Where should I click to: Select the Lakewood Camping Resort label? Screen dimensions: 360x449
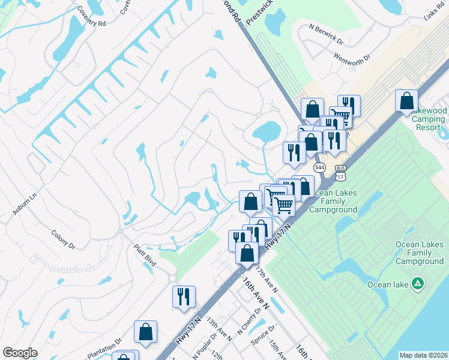(x=429, y=119)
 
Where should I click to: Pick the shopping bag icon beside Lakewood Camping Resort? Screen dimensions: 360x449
(x=406, y=100)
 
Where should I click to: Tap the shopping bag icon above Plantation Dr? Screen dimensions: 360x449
(x=145, y=331)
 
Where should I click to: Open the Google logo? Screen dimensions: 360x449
(x=19, y=353)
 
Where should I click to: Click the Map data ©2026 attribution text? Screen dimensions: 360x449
(x=423, y=355)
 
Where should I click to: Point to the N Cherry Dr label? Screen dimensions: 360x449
(x=249, y=322)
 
